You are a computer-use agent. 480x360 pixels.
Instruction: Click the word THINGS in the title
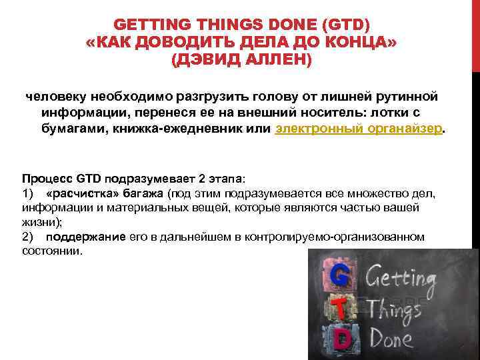(x=229, y=26)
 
